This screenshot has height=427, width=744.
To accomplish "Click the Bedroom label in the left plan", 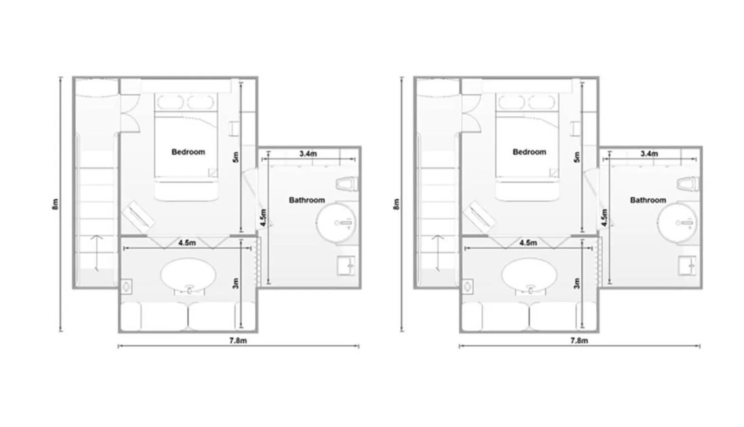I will pyautogui.click(x=188, y=152).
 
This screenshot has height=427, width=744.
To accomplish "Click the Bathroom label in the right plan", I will pyautogui.click(x=648, y=200).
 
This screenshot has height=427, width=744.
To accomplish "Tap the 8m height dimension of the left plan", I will pyautogui.click(x=56, y=204).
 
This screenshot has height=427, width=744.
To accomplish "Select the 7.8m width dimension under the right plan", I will pyautogui.click(x=579, y=341).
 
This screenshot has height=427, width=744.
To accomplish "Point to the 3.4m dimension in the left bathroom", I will pyautogui.click(x=308, y=154).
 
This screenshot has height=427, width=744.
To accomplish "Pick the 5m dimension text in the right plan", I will pyautogui.click(x=576, y=157).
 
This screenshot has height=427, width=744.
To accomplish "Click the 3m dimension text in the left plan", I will pyautogui.click(x=235, y=283).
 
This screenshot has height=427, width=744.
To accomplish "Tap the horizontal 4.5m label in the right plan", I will pyautogui.click(x=528, y=243).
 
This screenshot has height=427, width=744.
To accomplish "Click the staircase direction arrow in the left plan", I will pyautogui.click(x=97, y=253).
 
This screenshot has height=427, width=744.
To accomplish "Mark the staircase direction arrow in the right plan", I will pyautogui.click(x=438, y=253).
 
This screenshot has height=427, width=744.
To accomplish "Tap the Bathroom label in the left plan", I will pyautogui.click(x=307, y=200).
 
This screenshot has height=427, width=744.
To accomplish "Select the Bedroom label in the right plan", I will pyautogui.click(x=529, y=152).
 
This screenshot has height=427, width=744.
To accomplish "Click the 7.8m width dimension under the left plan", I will pyautogui.click(x=238, y=341).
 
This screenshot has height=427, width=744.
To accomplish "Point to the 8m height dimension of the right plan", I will pyautogui.click(x=397, y=204).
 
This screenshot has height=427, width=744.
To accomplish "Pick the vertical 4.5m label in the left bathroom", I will pyautogui.click(x=263, y=217).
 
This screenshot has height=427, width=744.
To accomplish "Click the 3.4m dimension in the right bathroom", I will pyautogui.click(x=649, y=154).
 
